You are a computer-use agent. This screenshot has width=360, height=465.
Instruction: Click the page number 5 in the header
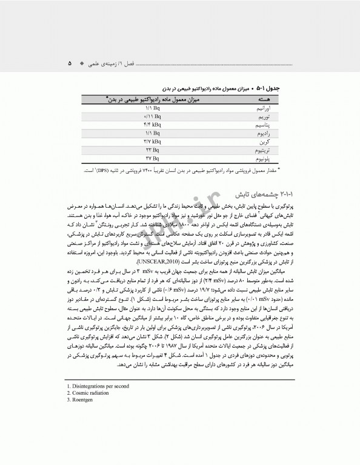coord(69,62)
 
